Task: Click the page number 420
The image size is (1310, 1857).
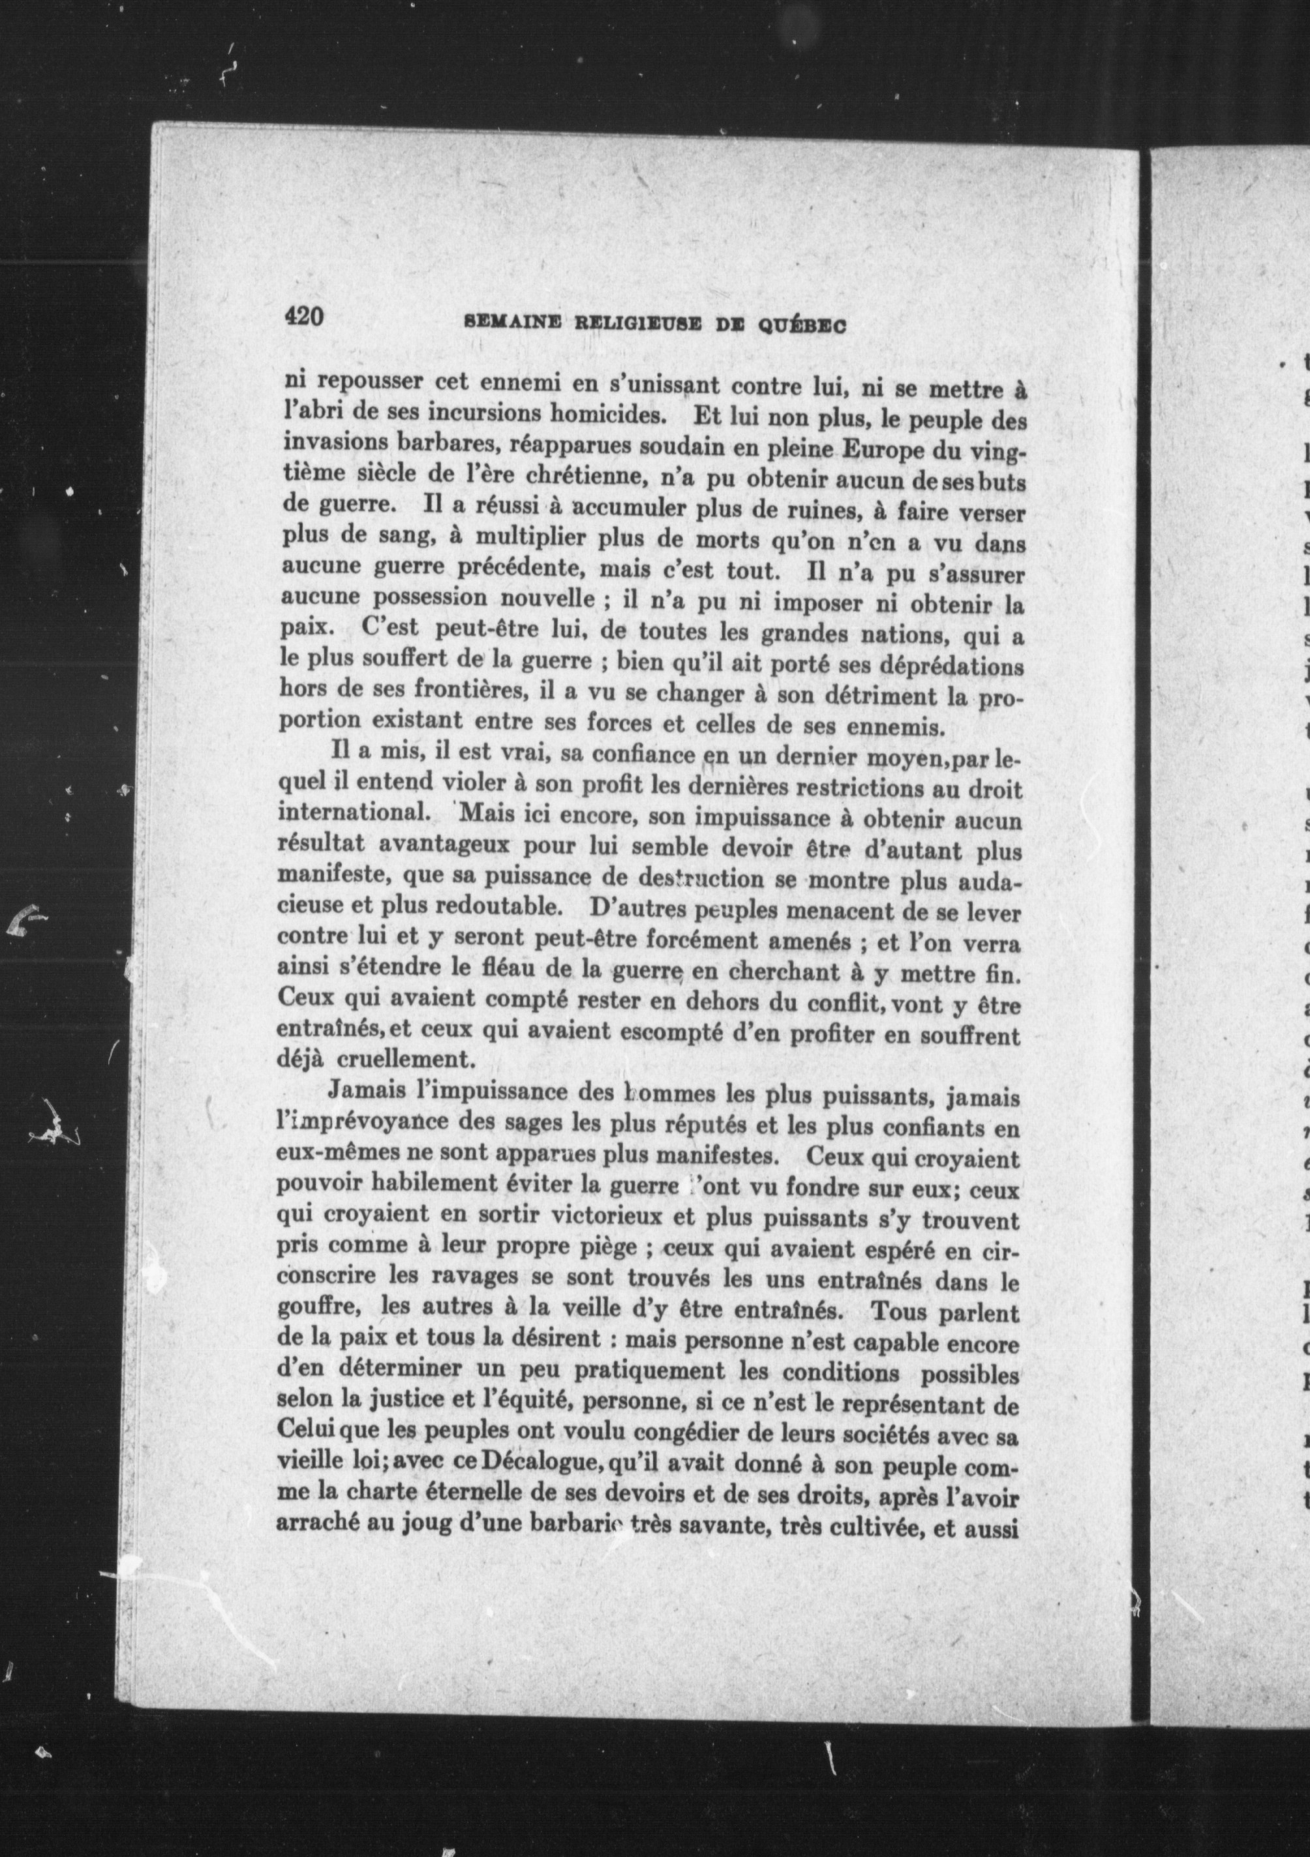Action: click(303, 316)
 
